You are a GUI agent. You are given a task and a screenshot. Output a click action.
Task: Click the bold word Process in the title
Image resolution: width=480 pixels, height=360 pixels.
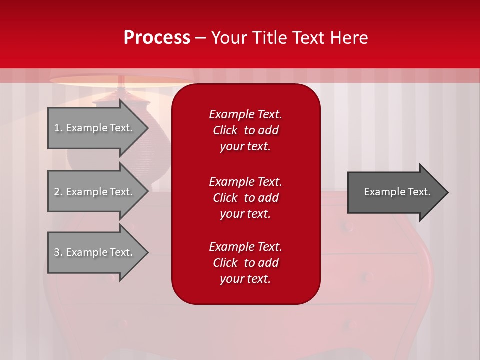point(157,38)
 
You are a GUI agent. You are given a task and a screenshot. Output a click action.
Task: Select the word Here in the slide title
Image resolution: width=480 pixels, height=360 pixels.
point(349,38)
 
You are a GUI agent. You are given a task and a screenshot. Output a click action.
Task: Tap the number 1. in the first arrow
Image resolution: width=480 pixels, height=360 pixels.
point(58,128)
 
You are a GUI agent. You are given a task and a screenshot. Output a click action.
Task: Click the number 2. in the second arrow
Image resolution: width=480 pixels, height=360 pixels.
point(58,192)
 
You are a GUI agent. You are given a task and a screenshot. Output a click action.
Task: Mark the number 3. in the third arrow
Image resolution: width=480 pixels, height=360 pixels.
point(58,252)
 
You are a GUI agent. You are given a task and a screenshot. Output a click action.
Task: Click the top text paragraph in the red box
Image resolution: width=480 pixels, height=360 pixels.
point(245,130)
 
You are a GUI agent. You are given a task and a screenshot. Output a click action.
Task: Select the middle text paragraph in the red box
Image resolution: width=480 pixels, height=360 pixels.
point(245,198)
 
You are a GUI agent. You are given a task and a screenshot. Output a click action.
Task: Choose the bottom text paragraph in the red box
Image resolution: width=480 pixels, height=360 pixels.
point(245,263)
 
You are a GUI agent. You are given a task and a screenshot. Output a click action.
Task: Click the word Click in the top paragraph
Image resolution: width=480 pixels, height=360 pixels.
point(225,130)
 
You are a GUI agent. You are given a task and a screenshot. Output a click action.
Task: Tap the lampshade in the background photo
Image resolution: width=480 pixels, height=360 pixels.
point(120,80)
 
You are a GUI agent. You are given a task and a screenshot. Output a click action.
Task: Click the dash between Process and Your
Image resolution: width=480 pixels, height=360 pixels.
point(201,38)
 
